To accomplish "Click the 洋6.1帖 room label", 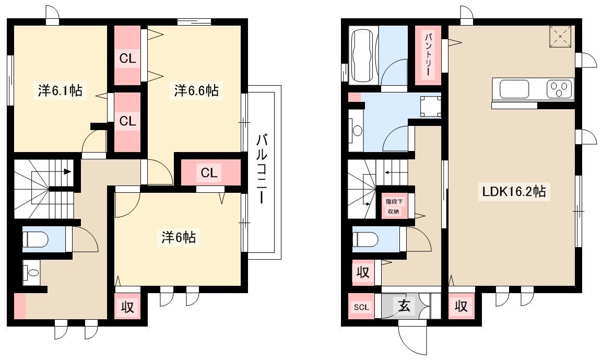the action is (x=60, y=91).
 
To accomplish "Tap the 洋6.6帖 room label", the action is (x=196, y=91).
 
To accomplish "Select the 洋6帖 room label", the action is (x=179, y=237).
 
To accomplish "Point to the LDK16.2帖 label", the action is (x=514, y=191).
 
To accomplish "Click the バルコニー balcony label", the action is (x=262, y=168).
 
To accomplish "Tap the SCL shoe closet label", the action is (x=361, y=307).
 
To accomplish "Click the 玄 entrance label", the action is (x=404, y=306).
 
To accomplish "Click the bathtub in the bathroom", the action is (x=363, y=56).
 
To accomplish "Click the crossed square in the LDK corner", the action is (x=560, y=37).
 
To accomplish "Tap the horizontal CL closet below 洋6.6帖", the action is (x=209, y=172).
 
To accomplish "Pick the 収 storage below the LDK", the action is (x=461, y=306).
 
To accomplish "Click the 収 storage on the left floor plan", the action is (x=127, y=307).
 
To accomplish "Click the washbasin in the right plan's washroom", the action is (x=356, y=131).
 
